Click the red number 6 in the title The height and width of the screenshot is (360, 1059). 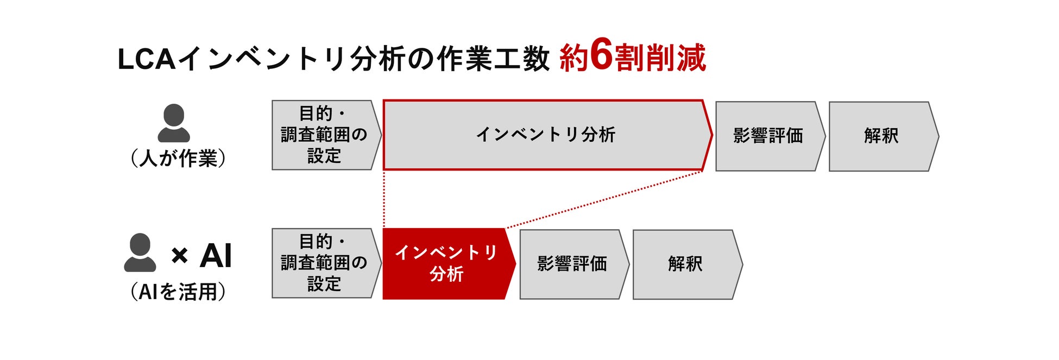click(601, 55)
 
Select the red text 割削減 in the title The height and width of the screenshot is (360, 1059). click(661, 58)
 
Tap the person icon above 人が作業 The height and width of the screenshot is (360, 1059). click(174, 123)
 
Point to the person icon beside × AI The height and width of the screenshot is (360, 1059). click(140, 252)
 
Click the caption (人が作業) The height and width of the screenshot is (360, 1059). click(178, 159)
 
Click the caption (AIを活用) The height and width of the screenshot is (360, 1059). click(178, 292)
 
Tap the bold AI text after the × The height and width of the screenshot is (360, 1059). click(216, 255)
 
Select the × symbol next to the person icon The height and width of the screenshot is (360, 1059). click(179, 255)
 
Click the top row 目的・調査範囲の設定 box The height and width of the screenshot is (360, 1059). click(324, 135)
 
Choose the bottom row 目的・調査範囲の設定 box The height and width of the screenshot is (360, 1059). click(324, 263)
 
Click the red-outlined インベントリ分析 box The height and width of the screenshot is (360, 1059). click(546, 135)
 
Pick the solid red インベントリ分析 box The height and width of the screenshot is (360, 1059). click(446, 263)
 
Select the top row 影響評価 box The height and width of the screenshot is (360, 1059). click(768, 136)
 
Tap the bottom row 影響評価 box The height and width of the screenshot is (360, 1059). click(572, 264)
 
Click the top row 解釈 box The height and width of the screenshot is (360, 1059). click(881, 136)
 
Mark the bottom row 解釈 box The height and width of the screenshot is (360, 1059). click(685, 264)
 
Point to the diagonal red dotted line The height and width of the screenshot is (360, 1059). click(603, 200)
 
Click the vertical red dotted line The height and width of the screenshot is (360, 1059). click(384, 199)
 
